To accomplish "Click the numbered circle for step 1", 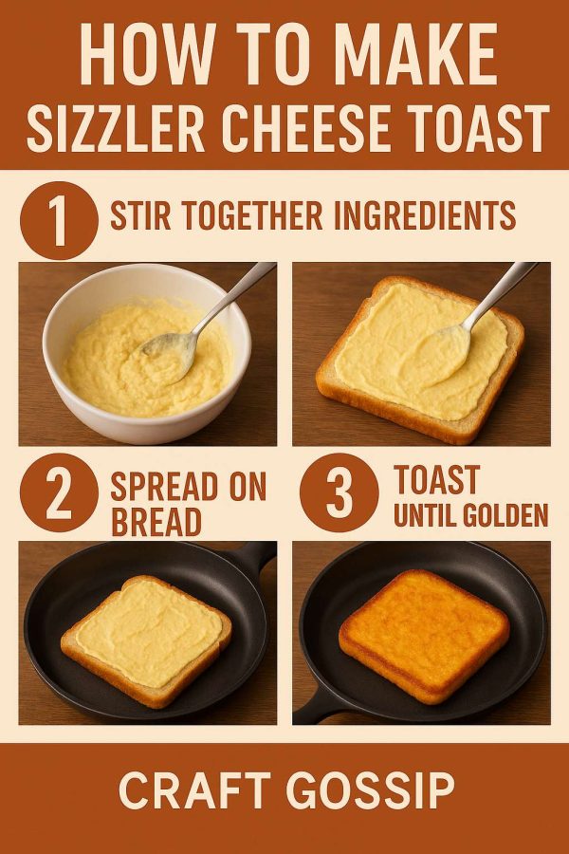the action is [x=59, y=220].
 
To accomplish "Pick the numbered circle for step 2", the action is [x=59, y=492].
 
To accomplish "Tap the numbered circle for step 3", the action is [x=340, y=492].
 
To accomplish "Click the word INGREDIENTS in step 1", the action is [x=424, y=215].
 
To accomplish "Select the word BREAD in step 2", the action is [x=156, y=522].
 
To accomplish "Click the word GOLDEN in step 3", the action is [x=507, y=515].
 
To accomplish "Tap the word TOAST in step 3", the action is [x=436, y=479].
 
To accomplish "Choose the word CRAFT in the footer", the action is [x=195, y=790].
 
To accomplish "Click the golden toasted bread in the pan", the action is [x=424, y=636].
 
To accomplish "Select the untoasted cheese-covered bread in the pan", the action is [x=146, y=641].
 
